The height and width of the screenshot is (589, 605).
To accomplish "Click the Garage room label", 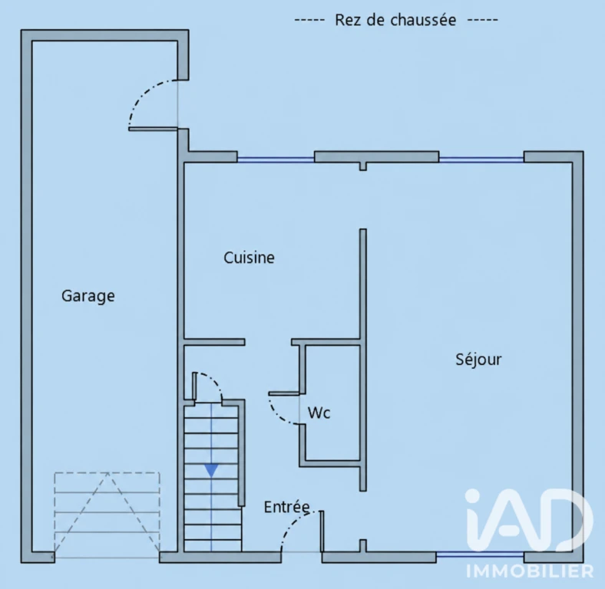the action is coord(88,296).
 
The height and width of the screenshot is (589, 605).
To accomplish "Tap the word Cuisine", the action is coord(249,258).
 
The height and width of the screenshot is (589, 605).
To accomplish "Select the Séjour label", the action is coord(478,360).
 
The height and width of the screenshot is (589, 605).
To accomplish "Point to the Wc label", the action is coord(319,413).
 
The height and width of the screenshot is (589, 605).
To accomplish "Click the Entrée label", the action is coord(286,507).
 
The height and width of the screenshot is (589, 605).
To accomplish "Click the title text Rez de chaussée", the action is coord(395,20).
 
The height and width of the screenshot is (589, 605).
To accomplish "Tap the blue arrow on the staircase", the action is coord(211,471).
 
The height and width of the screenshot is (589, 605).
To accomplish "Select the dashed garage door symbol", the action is coord(107,512).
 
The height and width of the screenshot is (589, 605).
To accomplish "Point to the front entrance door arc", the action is coord(292,522).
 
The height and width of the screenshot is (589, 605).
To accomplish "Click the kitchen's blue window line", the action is coord(276,159).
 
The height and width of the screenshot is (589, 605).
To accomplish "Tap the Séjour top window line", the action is coord(481,159).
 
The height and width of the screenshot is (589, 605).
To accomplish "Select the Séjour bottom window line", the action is coord(480,554).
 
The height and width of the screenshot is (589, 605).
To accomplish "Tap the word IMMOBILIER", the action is coord(530,571).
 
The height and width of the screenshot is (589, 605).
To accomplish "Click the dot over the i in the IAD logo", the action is coord(473,496).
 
